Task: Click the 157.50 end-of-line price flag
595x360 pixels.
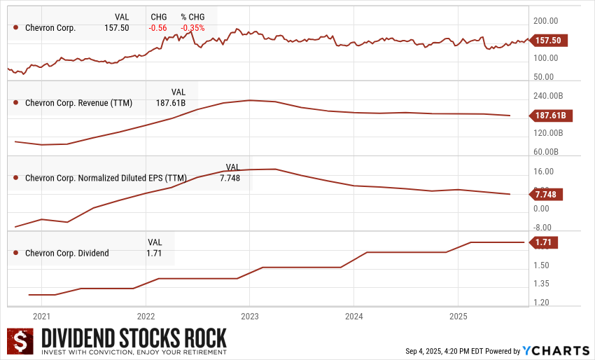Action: tap(550, 41)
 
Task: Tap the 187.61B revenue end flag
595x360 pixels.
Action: tap(550, 116)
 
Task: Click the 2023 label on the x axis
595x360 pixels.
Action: tap(250, 315)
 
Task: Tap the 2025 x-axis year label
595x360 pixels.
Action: tap(457, 315)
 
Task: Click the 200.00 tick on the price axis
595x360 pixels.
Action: tap(546, 21)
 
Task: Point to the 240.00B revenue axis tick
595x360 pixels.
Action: tap(548, 96)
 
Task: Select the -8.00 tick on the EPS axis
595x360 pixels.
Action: tap(544, 227)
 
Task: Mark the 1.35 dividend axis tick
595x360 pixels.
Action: tap(540, 284)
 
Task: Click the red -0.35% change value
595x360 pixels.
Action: tap(192, 28)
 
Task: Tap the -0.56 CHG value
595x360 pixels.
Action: tap(159, 28)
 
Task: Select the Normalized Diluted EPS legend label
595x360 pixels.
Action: tap(106, 178)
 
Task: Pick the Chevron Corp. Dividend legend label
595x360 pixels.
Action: tap(66, 253)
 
